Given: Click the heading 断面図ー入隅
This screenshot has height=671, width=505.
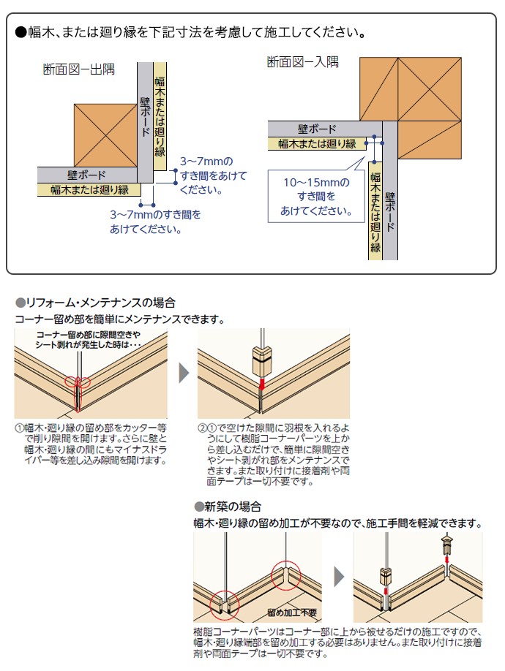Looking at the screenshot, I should pyautogui.click(x=302, y=62).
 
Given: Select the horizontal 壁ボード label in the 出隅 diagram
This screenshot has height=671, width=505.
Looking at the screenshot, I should pyautogui.click(x=86, y=175).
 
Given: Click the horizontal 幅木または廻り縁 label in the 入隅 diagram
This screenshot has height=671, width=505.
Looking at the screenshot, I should pyautogui.click(x=316, y=144).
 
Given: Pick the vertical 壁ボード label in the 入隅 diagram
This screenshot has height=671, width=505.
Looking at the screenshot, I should pyautogui.click(x=389, y=212).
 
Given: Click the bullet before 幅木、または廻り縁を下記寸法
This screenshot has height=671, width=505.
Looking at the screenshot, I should pyautogui.click(x=20, y=33).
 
